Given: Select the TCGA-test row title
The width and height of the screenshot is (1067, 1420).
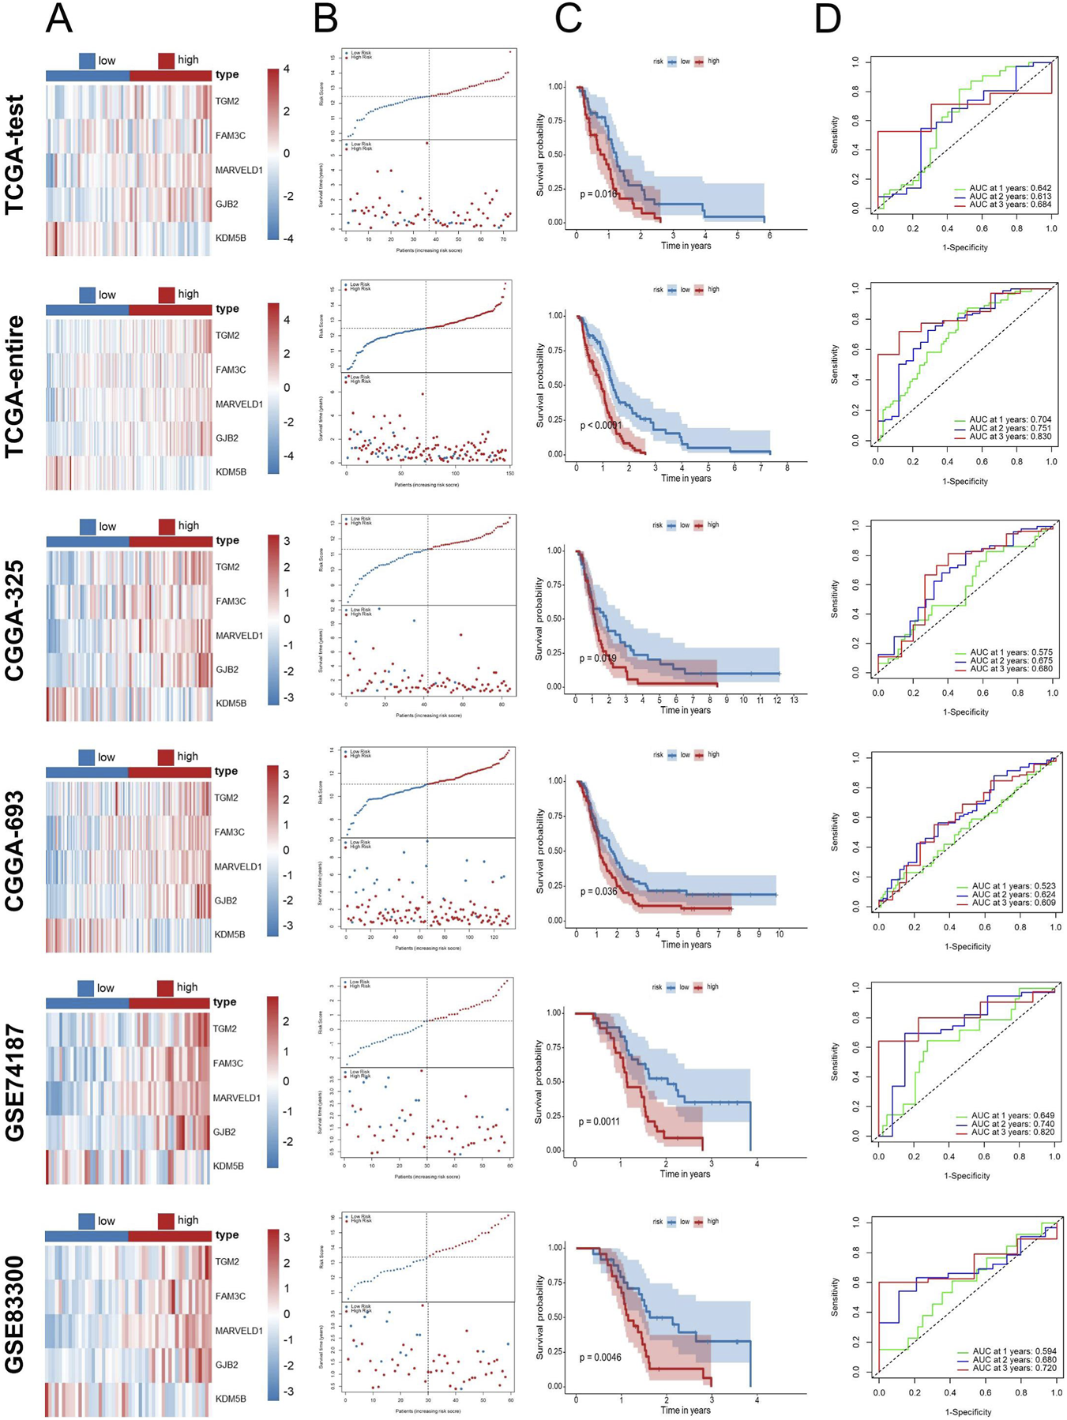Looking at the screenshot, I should pos(16,155).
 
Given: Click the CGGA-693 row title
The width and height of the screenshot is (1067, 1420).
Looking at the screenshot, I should pos(16,851).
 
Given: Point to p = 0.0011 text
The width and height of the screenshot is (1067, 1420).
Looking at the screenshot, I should pos(599,1121).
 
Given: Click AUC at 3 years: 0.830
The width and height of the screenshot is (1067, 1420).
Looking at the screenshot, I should pos(1010,437).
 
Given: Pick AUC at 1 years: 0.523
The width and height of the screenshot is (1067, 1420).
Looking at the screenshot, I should pos(1013,886).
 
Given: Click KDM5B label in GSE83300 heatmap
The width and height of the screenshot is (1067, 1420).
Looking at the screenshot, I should pos(231,1399).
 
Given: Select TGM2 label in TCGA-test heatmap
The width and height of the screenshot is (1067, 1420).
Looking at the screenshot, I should pos(227,101).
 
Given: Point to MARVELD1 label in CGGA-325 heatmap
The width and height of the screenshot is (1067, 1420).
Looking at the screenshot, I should pos(239,635).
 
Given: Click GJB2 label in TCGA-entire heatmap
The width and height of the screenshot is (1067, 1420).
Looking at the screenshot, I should pos(227,438).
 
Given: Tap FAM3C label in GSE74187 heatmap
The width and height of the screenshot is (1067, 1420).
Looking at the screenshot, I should pos(228,1063).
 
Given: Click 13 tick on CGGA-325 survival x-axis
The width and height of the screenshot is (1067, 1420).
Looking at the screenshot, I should pos(794,701).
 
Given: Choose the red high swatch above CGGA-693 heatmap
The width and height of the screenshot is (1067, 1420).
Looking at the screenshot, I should pos(166,757).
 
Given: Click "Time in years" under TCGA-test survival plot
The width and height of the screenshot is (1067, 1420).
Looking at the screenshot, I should pos(686,246).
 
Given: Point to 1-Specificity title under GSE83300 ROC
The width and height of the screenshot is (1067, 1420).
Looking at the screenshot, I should pos(967,1411).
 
